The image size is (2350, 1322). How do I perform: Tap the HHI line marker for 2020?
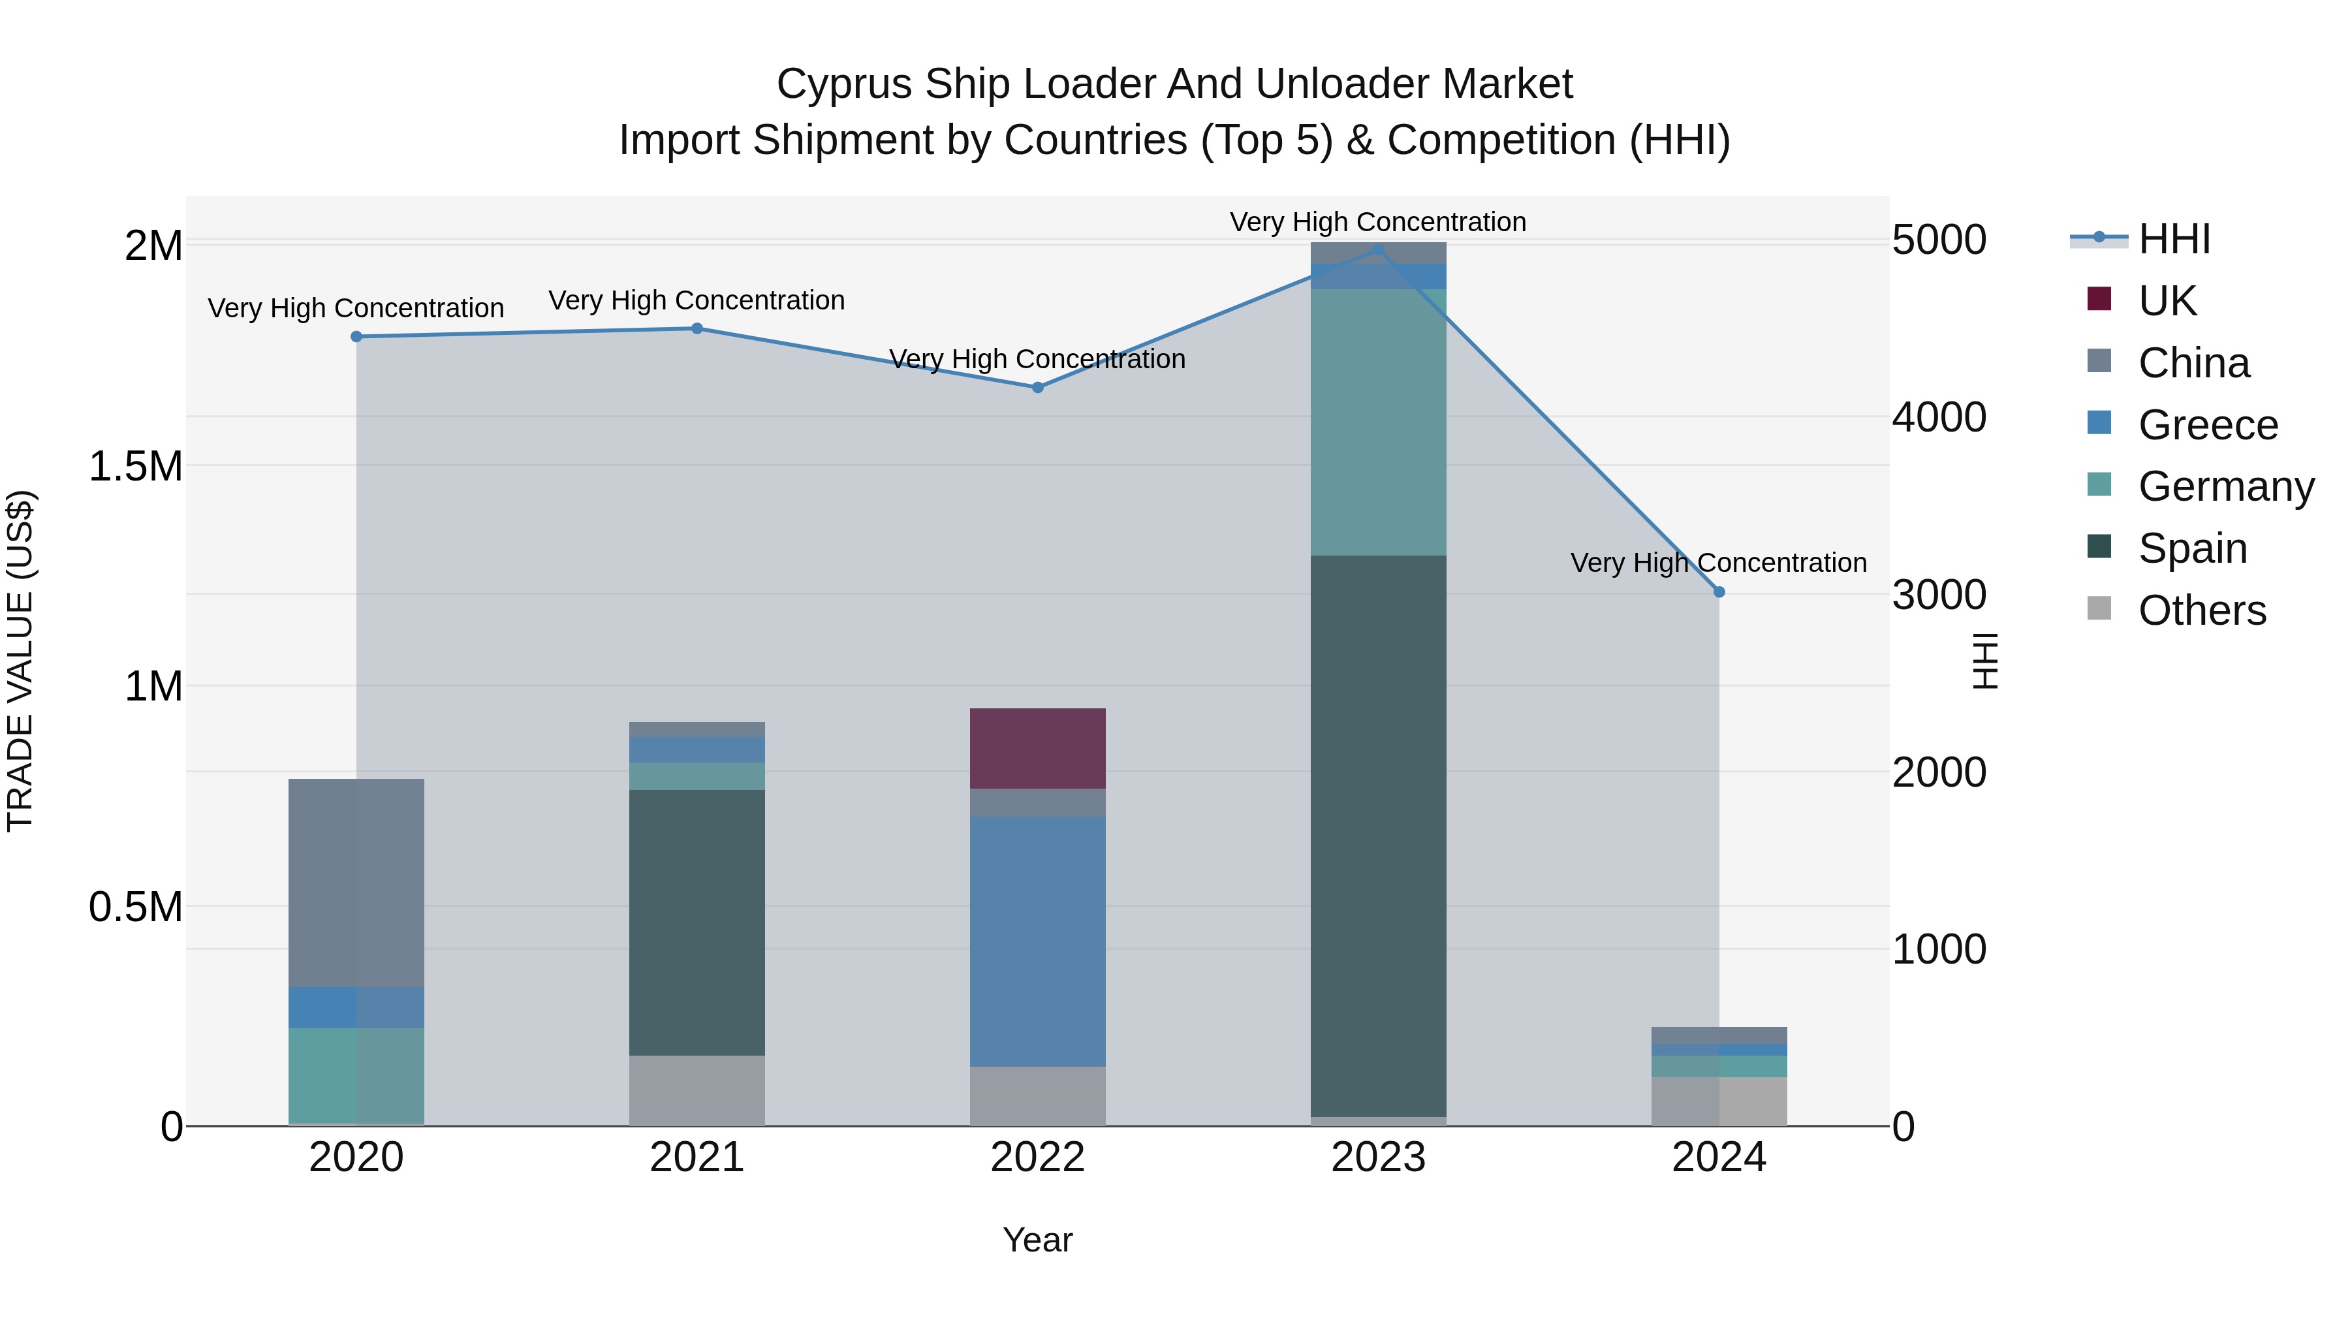[x=356, y=337]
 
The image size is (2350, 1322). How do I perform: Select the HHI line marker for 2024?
[x=1719, y=592]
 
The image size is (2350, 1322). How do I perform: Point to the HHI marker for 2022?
[x=1037, y=388]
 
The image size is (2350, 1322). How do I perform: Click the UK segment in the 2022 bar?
[x=1037, y=748]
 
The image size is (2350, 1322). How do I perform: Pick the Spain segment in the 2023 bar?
[x=1379, y=835]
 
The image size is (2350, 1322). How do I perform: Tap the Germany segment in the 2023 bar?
[x=1379, y=422]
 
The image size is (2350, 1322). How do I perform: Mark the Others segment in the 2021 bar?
[x=697, y=1090]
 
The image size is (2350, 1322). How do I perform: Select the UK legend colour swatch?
[x=2099, y=299]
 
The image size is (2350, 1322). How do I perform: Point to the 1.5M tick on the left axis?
[x=135, y=466]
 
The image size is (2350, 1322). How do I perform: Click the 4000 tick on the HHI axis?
[x=1939, y=418]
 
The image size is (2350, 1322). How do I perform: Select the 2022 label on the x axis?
[x=1037, y=1157]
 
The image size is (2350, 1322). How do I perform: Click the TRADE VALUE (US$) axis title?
[x=20, y=661]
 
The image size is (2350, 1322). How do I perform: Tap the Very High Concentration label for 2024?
[x=1719, y=563]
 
